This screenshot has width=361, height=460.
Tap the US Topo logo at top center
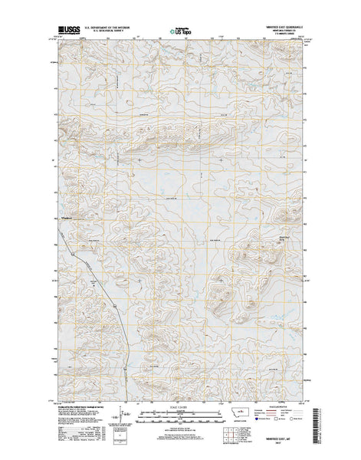coord(181,33)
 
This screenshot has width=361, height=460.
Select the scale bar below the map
coord(180,416)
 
